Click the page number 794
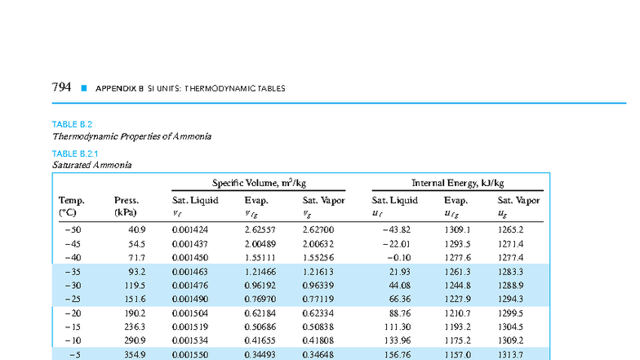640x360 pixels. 61,87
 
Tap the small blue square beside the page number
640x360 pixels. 84,88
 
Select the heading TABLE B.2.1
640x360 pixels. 75,153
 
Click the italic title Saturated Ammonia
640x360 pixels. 91,165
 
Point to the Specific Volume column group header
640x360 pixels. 259,183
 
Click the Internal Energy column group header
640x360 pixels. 457,183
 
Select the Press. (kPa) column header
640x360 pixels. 127,206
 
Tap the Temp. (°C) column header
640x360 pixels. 72,206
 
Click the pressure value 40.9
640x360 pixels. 137,230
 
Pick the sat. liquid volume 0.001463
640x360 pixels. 189,272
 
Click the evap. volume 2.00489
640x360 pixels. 260,244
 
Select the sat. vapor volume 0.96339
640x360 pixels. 318,286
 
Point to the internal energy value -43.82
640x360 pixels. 397,230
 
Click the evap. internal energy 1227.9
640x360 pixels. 457,299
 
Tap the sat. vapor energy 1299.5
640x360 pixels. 510,313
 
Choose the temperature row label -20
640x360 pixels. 73,313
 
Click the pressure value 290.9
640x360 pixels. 136,340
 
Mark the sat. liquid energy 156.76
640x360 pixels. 398,354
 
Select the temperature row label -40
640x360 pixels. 73,258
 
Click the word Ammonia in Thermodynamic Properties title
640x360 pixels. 192,136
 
